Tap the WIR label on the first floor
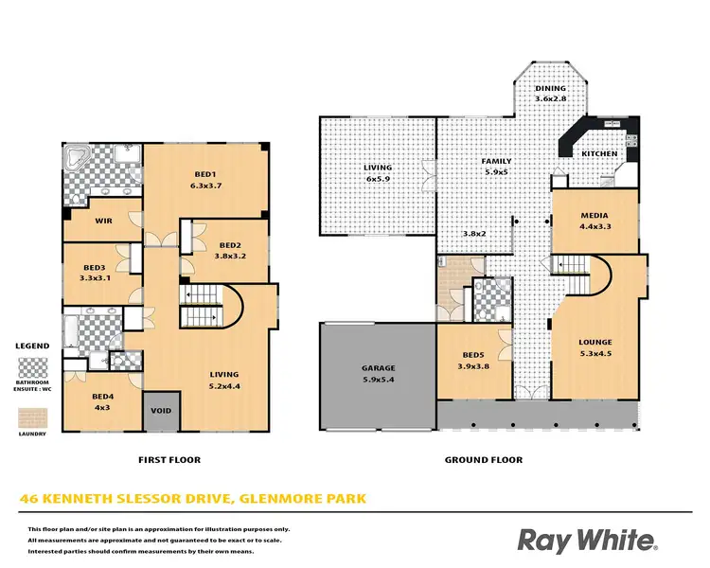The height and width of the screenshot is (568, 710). click(x=104, y=221)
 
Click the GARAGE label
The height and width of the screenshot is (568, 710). click(x=378, y=368)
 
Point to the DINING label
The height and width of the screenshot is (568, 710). click(x=550, y=89)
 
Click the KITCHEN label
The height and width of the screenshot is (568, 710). click(x=599, y=153)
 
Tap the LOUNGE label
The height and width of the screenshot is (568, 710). click(x=595, y=343)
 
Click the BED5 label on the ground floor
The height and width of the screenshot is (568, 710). click(x=472, y=356)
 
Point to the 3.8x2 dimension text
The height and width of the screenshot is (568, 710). click(x=473, y=234)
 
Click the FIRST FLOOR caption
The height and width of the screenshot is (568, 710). click(x=170, y=460)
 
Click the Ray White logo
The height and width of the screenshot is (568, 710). click(x=587, y=541)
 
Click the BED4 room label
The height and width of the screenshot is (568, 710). click(x=102, y=397)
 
